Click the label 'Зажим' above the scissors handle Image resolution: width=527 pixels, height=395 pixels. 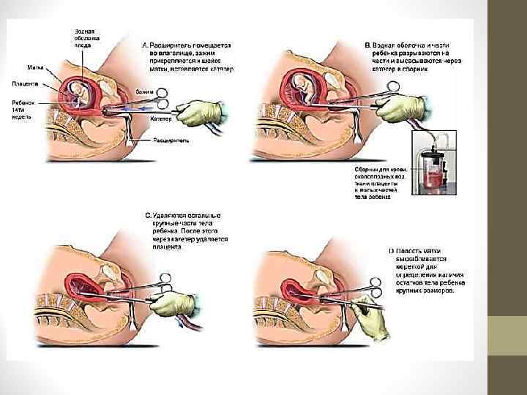[x=144, y=91]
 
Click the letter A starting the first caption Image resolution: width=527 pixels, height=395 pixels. [x=144, y=45]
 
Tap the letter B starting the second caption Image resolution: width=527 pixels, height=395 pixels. [x=367, y=45]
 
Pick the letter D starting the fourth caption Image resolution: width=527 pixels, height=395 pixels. [x=390, y=252]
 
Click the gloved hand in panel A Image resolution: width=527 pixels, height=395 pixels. [x=199, y=112]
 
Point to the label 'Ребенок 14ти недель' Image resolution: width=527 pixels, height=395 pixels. [x=23, y=109]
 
